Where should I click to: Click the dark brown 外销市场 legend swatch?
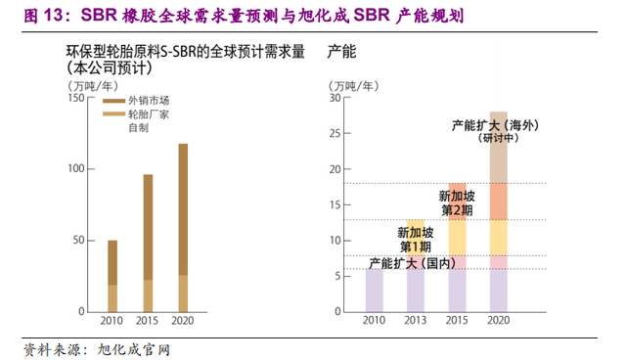tap(113, 101)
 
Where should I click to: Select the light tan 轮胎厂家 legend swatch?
tap(113, 114)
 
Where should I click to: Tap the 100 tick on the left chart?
tap(76, 169)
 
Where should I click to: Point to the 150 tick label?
tap(76, 98)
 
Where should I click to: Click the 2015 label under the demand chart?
tap(147, 321)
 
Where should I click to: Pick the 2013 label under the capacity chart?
tap(415, 320)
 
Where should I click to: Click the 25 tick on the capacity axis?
tap(335, 133)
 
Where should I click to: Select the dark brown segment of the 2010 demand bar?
tap(112, 262)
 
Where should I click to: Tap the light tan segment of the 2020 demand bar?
tap(183, 293)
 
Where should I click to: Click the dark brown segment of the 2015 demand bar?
tap(148, 227)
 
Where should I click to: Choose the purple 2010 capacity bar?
tap(375, 291)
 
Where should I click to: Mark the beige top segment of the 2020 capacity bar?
tap(499, 148)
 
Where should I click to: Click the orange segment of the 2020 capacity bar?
tap(499, 202)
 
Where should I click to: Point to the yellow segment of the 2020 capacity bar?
tap(499, 238)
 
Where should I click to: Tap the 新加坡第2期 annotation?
tap(457, 203)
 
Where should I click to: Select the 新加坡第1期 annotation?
tap(415, 240)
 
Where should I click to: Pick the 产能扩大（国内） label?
tap(413, 263)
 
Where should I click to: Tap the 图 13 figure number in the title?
tap(44, 16)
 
